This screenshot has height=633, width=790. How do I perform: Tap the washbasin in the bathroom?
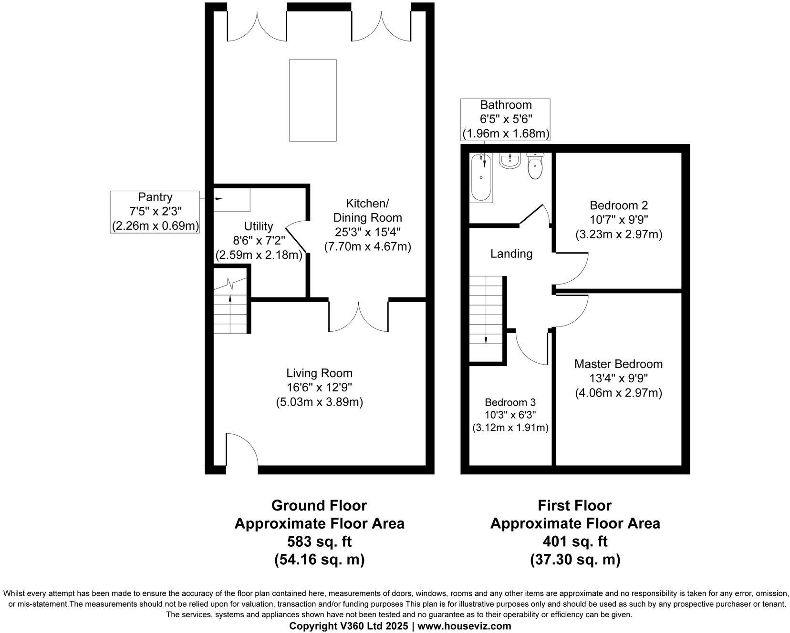point(510,161)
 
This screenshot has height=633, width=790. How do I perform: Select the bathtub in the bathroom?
point(481,177)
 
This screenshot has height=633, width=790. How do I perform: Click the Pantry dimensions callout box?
point(155,212)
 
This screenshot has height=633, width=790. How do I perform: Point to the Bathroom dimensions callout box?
point(505,120)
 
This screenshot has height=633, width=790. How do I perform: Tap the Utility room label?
point(258,226)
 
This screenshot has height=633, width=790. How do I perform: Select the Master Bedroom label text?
point(618,364)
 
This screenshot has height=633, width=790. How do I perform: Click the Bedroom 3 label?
point(510,401)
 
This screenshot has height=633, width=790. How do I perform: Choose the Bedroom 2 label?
point(619,206)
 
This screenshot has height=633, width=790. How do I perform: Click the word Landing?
point(511,254)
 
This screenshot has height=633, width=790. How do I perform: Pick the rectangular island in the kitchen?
point(312,100)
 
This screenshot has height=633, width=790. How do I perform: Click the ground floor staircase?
point(230,305)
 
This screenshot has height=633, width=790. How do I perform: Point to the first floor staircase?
point(486,317)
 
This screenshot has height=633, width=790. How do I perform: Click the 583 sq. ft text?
point(319,541)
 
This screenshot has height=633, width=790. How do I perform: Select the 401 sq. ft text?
point(575,541)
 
